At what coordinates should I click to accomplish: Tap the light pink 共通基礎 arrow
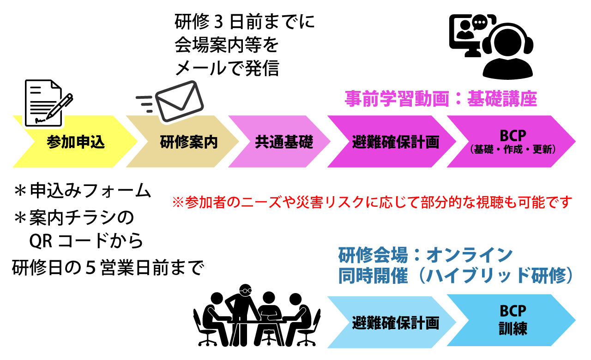click(x=284, y=142)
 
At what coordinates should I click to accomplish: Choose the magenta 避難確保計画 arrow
click(x=395, y=142)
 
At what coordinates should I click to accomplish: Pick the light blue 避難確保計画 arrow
click(x=395, y=322)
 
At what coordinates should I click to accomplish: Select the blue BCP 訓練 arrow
click(x=513, y=320)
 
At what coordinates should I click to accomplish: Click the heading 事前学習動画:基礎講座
click(x=441, y=99)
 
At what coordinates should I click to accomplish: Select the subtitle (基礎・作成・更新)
click(x=513, y=150)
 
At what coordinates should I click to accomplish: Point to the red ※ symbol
click(x=178, y=203)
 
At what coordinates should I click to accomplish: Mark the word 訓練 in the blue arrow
click(x=513, y=329)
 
